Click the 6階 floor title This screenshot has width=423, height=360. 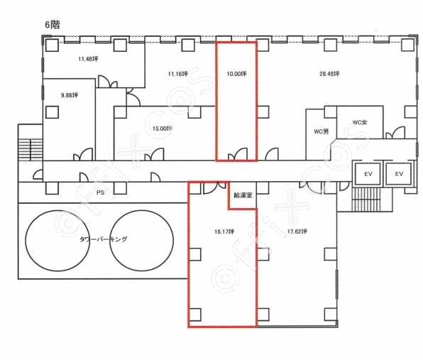(53, 25)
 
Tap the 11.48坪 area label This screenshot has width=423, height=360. (88, 59)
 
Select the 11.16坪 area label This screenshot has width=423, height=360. (177, 73)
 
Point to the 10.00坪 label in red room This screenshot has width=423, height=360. (236, 73)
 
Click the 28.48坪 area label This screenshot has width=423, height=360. (329, 73)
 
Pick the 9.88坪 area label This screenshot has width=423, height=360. (70, 95)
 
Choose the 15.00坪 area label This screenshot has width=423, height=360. (163, 129)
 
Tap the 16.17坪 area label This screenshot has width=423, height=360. (224, 231)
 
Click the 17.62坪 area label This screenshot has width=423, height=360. (297, 231)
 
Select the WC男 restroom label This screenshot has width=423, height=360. (322, 131)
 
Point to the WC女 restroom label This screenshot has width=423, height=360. (360, 122)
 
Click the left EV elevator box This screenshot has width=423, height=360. (368, 174)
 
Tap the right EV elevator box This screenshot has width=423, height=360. (399, 174)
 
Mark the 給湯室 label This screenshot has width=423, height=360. (243, 195)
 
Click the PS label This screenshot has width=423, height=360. (100, 192)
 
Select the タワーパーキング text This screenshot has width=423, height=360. (104, 239)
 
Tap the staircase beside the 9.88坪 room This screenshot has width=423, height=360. (31, 150)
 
